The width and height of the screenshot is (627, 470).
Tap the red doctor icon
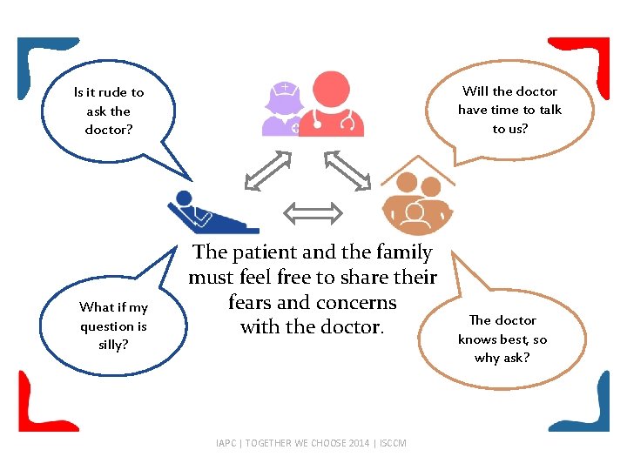coord(330,104)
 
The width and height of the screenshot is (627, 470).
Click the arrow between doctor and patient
coord(268,171)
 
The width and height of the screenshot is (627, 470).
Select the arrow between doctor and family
coord(347,171)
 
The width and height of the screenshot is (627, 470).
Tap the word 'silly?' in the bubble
coord(113,345)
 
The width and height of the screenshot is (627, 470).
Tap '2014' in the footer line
coord(359,443)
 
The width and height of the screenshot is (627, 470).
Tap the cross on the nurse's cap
coord(285,87)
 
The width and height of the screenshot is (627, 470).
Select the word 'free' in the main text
coord(300,278)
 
